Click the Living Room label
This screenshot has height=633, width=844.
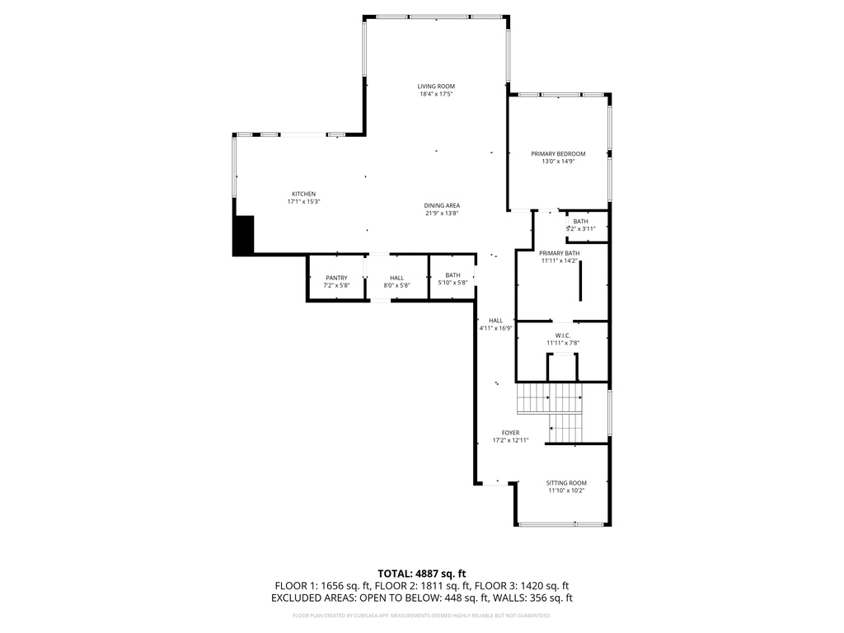[x=435, y=86]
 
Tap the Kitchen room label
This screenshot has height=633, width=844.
[x=303, y=194]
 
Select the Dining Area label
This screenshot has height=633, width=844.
[x=442, y=205]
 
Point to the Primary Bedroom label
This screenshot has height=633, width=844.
[x=558, y=153]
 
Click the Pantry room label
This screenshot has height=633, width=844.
[x=336, y=278]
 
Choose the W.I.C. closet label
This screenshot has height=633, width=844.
[x=563, y=335]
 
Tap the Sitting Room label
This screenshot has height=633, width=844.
[x=566, y=483]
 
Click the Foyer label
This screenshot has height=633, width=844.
[x=511, y=432]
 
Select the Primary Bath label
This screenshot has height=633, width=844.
[x=560, y=253]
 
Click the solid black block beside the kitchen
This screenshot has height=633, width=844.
[x=244, y=235]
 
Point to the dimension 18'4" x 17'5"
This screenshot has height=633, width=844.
[x=436, y=94]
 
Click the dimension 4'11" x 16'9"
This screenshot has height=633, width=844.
[x=496, y=328]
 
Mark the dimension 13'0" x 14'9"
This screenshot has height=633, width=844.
[x=558, y=162]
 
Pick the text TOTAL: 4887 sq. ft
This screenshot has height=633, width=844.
[x=422, y=573]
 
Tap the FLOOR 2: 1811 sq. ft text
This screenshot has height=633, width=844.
[x=422, y=586]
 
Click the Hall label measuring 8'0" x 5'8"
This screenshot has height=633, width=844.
[x=396, y=278]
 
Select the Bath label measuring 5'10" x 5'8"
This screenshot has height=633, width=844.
[x=452, y=275]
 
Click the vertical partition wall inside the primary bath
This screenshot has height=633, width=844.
[x=580, y=282]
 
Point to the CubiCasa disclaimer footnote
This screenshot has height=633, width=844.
[x=422, y=615]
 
